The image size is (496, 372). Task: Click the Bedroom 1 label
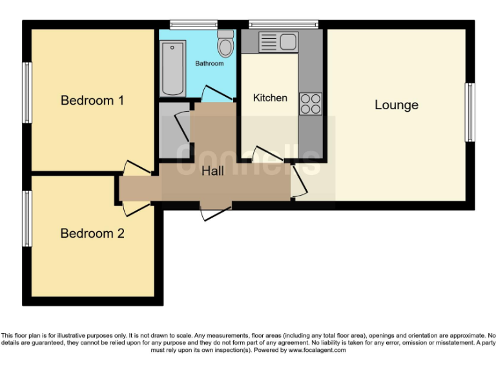coord(92,101)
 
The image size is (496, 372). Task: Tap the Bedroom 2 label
coord(92,233)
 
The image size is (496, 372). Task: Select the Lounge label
coord(397,105)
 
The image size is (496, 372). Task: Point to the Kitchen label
coord(270,98)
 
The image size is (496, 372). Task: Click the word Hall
coord(213,171)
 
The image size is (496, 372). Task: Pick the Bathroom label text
coord(209,64)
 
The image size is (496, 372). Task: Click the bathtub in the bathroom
coord(172,68)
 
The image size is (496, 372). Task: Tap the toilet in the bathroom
coord(225,44)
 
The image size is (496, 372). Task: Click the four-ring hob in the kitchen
coord(310,104)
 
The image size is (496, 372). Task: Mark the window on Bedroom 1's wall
coord(26,92)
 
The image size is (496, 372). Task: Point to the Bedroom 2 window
coord(26,218)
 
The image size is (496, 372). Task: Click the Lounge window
coord(470,112)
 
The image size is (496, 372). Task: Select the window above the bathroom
coord(193,25)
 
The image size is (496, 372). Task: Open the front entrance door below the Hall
coord(215,211)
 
